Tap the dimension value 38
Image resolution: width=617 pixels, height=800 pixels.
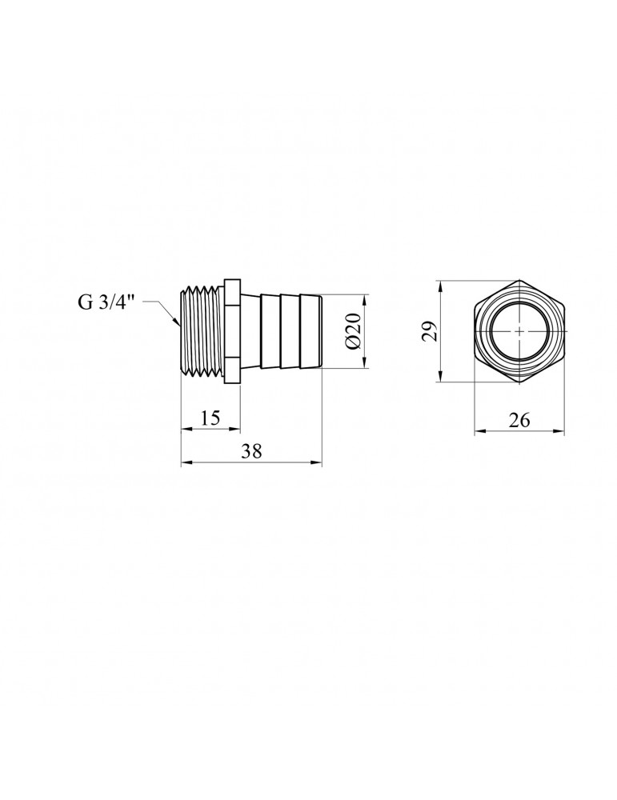(251, 451)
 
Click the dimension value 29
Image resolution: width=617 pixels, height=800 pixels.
(430, 331)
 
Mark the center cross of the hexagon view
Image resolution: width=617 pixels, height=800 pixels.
(519, 331)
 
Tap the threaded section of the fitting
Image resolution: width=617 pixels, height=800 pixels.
(203, 331)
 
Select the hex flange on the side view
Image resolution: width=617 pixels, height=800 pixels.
(233, 331)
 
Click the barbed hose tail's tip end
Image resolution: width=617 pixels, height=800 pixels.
(318, 331)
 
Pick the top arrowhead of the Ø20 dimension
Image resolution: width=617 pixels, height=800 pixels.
(364, 298)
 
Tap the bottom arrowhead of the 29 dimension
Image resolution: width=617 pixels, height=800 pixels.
(441, 381)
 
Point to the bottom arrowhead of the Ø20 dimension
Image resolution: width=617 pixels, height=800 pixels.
(364, 365)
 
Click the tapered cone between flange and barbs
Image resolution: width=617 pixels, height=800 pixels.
(250, 331)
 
